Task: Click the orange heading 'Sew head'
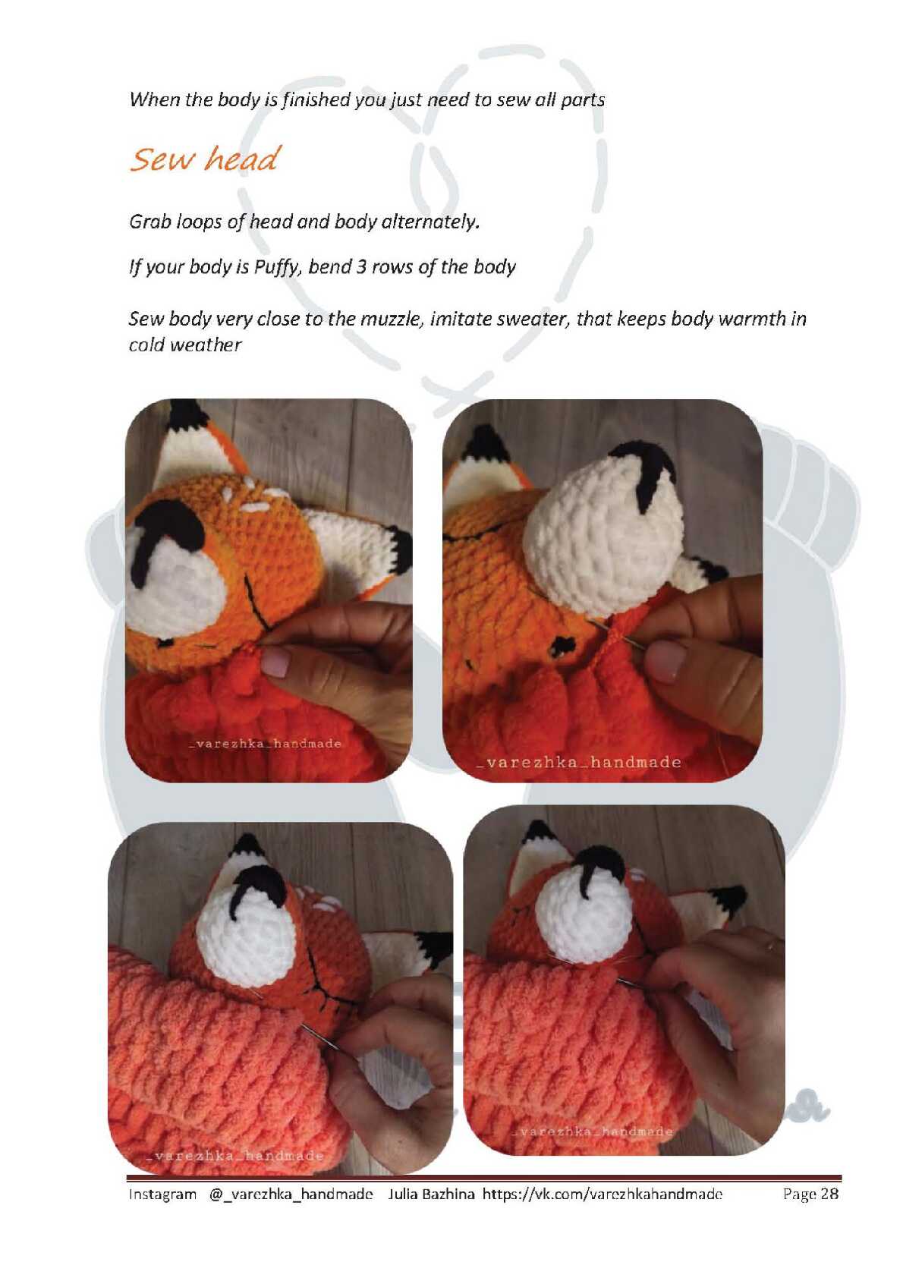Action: (x=205, y=159)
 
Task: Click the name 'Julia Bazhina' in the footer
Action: (x=431, y=1194)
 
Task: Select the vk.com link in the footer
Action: (x=603, y=1194)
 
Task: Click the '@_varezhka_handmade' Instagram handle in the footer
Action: (x=291, y=1194)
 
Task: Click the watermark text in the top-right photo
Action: (x=578, y=762)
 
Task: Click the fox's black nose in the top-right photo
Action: (x=644, y=471)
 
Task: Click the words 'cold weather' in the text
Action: (x=185, y=345)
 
